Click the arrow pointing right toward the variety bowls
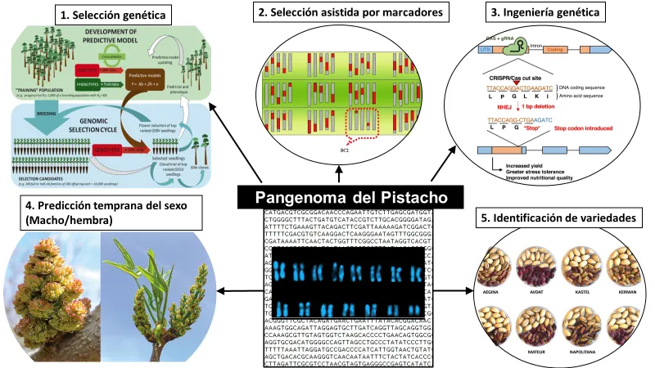(x=458, y=289)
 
